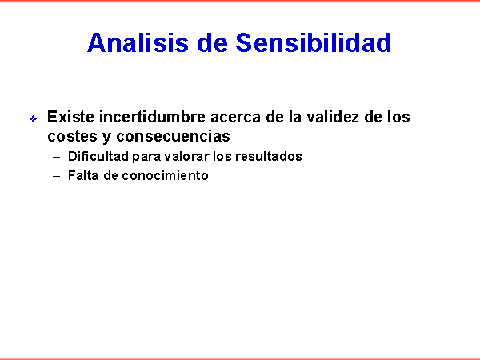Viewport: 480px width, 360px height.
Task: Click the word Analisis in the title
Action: [x=138, y=42]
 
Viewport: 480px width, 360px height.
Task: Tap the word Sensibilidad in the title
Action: [x=313, y=42]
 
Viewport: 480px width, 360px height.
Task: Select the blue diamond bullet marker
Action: [x=34, y=118]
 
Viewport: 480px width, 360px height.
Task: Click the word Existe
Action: [x=70, y=117]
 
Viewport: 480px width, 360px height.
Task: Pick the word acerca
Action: [x=236, y=118]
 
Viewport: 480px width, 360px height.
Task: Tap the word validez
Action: [x=333, y=117]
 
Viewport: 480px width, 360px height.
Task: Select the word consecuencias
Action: [x=173, y=136]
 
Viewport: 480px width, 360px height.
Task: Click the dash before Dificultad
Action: [x=56, y=158]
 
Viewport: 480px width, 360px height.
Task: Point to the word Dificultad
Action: [x=98, y=156]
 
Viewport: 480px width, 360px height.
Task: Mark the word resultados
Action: [x=269, y=156]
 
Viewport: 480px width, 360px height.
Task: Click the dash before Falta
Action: [x=56, y=177]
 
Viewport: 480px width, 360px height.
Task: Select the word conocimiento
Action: [x=166, y=175]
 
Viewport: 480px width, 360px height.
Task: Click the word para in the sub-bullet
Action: [x=146, y=158]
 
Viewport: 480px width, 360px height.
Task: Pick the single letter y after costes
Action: [x=106, y=138]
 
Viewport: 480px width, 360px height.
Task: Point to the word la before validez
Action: [x=295, y=117]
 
